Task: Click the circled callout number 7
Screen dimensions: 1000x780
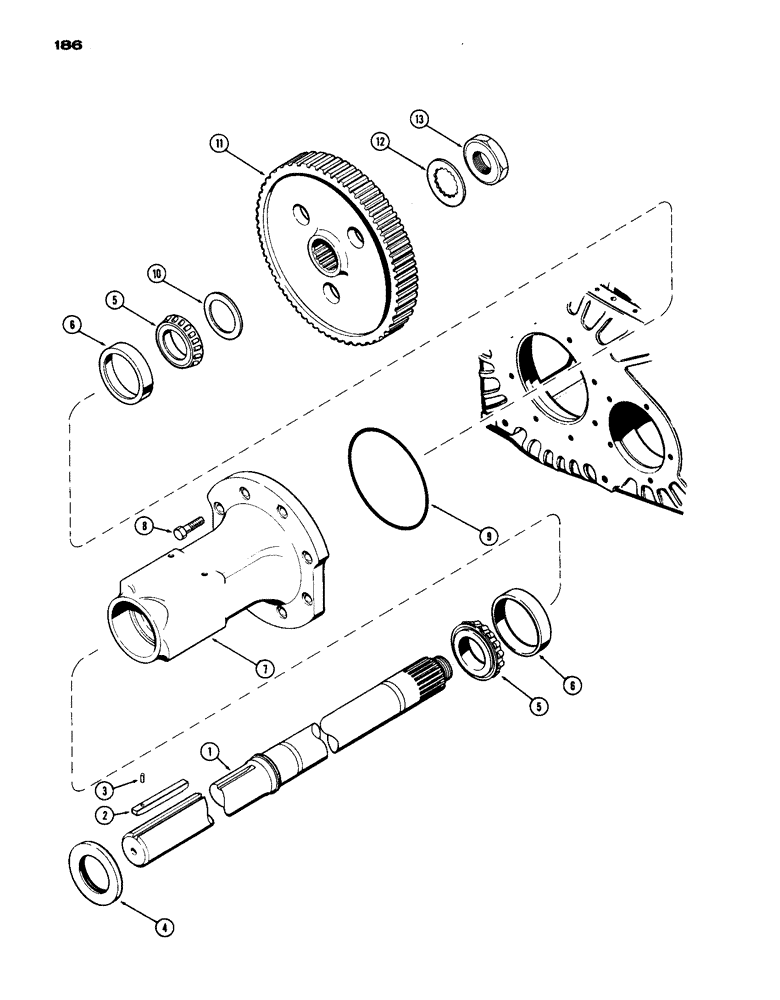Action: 263,669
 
